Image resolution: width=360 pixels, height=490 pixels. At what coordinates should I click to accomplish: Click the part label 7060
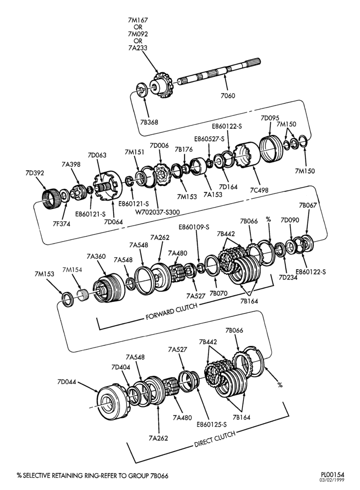[x=228, y=96]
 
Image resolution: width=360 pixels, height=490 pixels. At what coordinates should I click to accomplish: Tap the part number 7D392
[x=35, y=173]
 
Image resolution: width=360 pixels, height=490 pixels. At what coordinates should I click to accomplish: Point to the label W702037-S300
[x=157, y=212]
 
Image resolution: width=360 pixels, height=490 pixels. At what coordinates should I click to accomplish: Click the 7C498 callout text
[x=259, y=190]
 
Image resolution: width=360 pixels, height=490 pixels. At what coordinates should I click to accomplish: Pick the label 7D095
[x=270, y=118]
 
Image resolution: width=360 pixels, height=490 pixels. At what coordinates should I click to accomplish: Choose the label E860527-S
[x=210, y=139]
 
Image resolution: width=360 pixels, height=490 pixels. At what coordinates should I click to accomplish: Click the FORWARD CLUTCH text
[x=172, y=311]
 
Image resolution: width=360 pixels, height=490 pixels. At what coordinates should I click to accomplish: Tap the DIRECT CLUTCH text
[x=215, y=439]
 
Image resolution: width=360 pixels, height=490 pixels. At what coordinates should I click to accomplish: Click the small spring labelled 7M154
[x=83, y=295]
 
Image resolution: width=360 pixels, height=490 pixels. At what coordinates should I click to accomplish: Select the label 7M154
[x=72, y=270]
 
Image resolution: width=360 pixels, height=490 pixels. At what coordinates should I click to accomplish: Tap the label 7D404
[x=120, y=367]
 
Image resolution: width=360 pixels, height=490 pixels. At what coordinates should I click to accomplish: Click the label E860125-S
[x=211, y=425]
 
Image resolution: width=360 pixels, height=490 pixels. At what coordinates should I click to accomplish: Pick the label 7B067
[x=308, y=205]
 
